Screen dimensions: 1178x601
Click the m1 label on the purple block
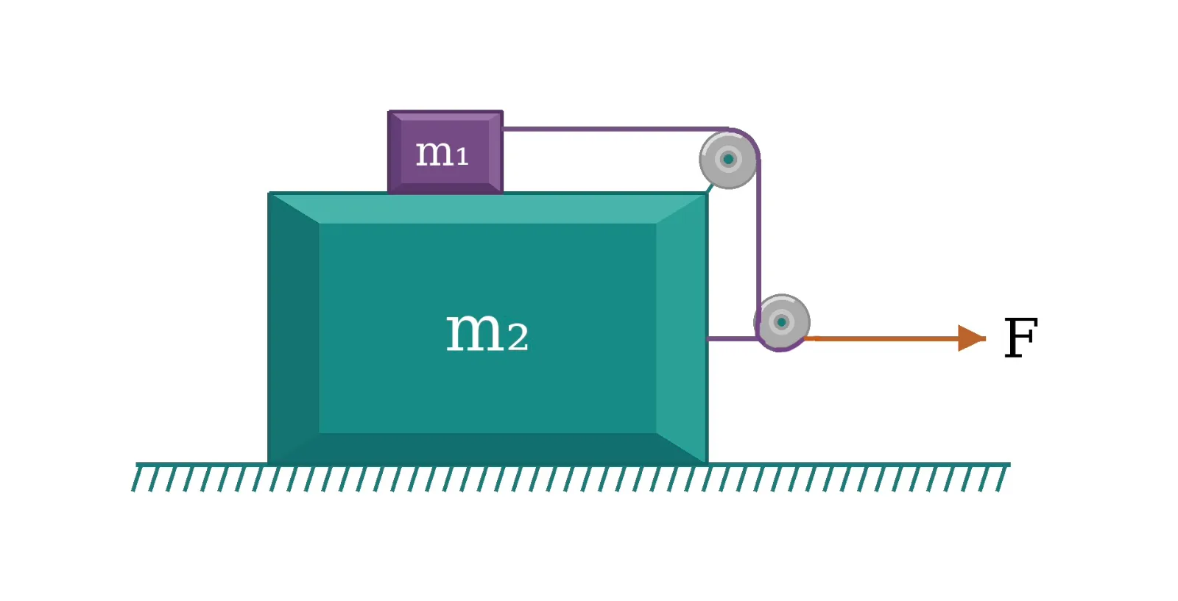[442, 154]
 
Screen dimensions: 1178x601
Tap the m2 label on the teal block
[487, 331]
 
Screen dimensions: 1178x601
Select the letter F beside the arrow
[1020, 337]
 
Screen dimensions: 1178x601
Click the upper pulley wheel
[728, 159]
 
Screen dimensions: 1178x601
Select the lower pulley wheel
[781, 322]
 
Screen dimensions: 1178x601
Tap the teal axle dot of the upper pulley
[728, 159]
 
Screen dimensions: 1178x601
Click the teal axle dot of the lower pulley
[781, 322]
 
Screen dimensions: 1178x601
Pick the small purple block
[445, 152]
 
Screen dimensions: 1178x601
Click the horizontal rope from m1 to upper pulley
[616, 129]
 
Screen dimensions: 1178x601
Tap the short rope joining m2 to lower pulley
[732, 339]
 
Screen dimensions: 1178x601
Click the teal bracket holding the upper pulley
[710, 188]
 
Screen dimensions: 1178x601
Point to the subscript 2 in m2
[518, 337]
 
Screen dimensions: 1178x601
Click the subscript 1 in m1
[462, 157]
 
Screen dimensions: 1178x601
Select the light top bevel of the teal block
[487, 209]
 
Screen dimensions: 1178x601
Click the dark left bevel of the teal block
[294, 328]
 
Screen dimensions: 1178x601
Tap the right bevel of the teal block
[682, 328]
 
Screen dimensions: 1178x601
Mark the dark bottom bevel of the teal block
[487, 448]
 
